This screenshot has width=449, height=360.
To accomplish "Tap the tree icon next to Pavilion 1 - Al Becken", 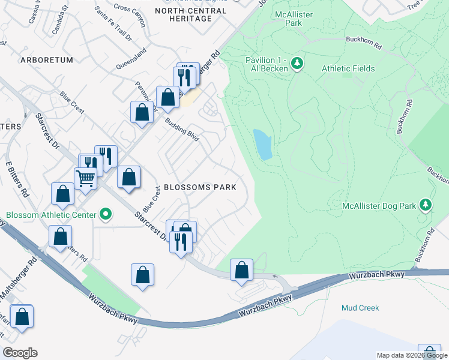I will click(296, 63).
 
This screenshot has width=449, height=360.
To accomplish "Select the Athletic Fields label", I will click(348, 68).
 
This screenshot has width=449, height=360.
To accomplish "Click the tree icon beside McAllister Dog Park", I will click(425, 206).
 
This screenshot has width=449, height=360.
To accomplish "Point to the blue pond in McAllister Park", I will click(262, 145).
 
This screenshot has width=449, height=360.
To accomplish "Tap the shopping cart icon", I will click(85, 177).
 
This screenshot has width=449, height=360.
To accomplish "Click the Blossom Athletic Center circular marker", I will click(106, 214).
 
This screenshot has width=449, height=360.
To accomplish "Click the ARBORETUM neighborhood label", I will click(46, 60).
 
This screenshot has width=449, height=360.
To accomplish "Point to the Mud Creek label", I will click(360, 308).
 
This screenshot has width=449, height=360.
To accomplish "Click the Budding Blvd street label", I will click(182, 129).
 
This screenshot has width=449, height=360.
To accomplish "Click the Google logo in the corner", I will click(20, 353).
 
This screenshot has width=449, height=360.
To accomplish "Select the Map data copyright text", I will click(412, 355).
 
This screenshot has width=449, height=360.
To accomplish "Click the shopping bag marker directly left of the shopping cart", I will click(63, 193).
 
